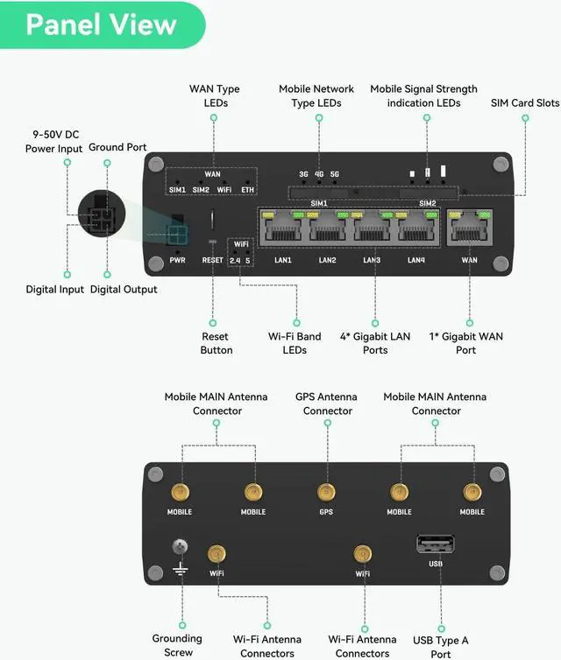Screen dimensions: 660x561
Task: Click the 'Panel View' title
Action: coord(101,25)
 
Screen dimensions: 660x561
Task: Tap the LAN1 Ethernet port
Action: coord(282,228)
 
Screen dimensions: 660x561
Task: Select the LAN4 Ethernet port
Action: coord(416,228)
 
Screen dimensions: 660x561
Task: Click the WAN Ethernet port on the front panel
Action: coord(469,228)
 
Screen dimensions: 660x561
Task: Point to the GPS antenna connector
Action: coord(326,492)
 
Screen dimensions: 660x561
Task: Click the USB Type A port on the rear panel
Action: coord(436,543)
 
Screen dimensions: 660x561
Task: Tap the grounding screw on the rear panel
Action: coord(181,547)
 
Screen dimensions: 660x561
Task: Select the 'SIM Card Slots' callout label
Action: coord(525,102)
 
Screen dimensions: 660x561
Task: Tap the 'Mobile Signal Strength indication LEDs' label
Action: coord(423,95)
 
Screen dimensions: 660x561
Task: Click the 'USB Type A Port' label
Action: coord(441,646)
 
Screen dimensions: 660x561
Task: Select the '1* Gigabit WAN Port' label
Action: coord(466,343)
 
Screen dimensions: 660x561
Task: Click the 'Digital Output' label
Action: coord(124,290)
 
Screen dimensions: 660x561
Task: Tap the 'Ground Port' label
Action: coord(117,147)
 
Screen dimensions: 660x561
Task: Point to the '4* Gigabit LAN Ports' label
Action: coord(375,343)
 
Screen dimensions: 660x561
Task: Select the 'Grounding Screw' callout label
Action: coord(177,645)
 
